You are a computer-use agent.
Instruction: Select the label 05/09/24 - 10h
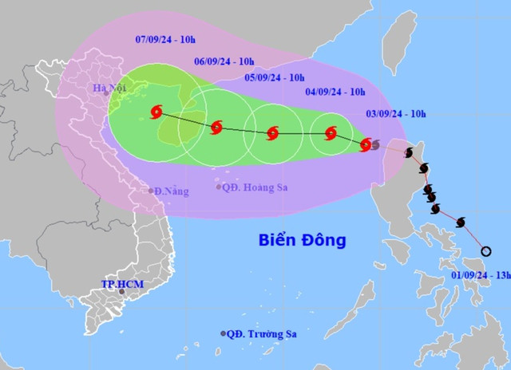tap(275, 77)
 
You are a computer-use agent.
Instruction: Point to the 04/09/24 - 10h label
tap(337, 93)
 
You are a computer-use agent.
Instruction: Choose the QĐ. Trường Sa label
tap(259, 333)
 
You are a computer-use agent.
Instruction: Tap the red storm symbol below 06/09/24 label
tap(215, 127)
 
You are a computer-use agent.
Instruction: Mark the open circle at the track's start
tap(486, 251)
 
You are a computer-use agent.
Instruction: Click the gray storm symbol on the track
tap(375, 144)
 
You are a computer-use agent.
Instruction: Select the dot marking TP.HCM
tap(121, 292)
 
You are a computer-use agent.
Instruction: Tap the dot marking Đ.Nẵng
tap(151, 191)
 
